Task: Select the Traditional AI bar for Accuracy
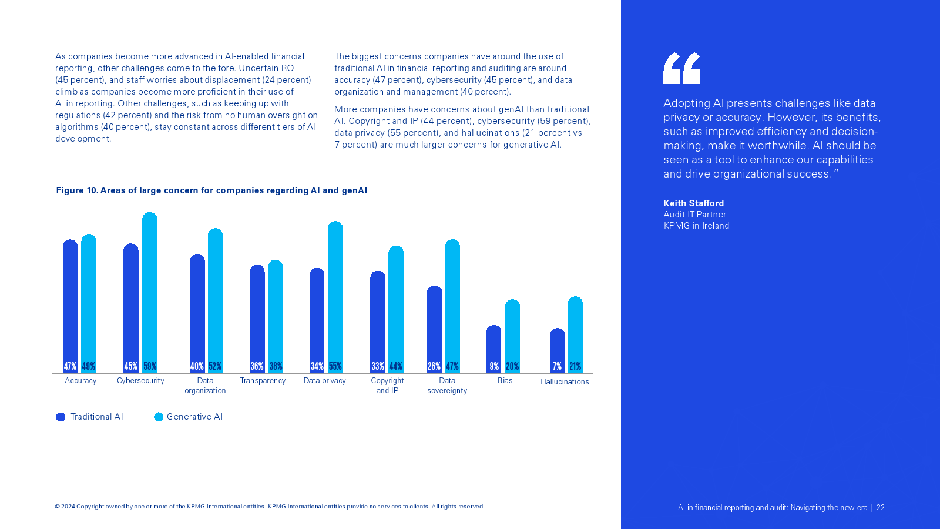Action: [x=70, y=303]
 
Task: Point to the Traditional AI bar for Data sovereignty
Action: [x=435, y=326]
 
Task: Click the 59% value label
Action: [x=150, y=366]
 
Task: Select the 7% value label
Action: [x=557, y=366]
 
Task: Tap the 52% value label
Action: [x=215, y=366]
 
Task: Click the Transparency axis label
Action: [x=263, y=381]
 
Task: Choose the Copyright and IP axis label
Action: [x=387, y=386]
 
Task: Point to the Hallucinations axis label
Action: [x=565, y=382]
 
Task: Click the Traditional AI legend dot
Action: [x=61, y=417]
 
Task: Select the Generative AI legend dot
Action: [x=159, y=417]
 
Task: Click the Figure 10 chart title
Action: [x=211, y=190]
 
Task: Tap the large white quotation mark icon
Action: [x=681, y=68]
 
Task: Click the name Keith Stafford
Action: [x=693, y=203]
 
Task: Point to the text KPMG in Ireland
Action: [x=696, y=226]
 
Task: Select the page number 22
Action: [x=880, y=508]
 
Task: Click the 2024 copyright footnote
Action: [x=270, y=507]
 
